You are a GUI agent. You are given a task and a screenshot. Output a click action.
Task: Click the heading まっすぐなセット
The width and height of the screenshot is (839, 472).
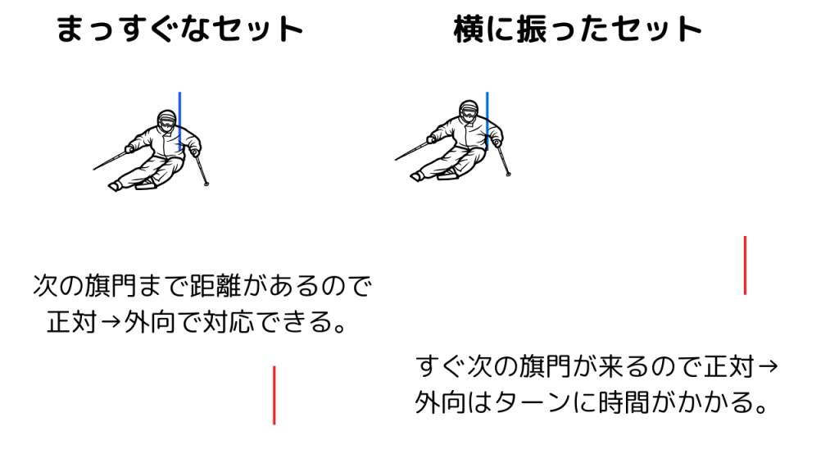click(179, 29)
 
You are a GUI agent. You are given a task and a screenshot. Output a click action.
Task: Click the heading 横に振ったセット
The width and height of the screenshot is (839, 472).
click(578, 29)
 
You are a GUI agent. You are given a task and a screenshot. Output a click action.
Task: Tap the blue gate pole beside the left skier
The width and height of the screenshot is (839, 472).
click(179, 121)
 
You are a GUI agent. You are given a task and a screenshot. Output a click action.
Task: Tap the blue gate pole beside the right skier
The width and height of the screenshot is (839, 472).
click(487, 121)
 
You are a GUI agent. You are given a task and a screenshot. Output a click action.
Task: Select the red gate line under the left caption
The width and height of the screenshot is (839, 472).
click(274, 396)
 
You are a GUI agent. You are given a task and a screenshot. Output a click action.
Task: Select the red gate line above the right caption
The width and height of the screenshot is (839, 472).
click(745, 265)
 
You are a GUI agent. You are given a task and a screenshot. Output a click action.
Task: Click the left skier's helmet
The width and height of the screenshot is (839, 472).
click(166, 120)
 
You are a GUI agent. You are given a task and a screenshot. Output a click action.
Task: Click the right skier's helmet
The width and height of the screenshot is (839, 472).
click(469, 111)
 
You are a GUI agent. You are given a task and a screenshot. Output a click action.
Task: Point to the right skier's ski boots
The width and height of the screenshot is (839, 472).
click(434, 175)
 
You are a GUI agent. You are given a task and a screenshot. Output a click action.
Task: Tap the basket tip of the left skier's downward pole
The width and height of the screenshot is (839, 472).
click(206, 184)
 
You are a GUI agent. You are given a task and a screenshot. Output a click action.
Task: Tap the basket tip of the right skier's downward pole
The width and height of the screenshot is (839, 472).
click(508, 174)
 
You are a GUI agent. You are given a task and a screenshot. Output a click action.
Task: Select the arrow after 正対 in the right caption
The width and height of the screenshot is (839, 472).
click(768, 366)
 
